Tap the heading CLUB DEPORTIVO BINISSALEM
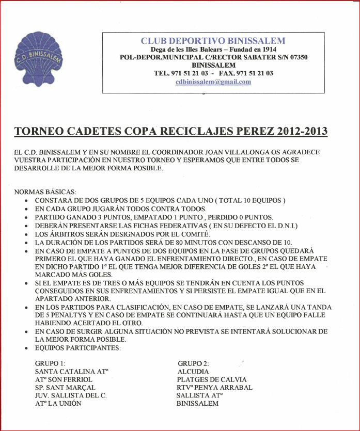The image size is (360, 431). click(x=213, y=41)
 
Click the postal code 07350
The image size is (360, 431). click(x=297, y=57)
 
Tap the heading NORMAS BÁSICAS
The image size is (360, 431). click(x=45, y=191)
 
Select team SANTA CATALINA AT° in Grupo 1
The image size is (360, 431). click(x=71, y=371)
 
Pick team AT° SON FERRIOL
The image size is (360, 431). click(x=65, y=379)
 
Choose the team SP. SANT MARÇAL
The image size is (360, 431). click(x=65, y=387)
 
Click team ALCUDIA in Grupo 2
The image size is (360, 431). click(x=193, y=371)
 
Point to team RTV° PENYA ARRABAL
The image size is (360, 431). click(x=214, y=387)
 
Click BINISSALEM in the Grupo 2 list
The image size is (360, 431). click(x=197, y=404)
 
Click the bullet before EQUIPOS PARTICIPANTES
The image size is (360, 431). click(x=27, y=348)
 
